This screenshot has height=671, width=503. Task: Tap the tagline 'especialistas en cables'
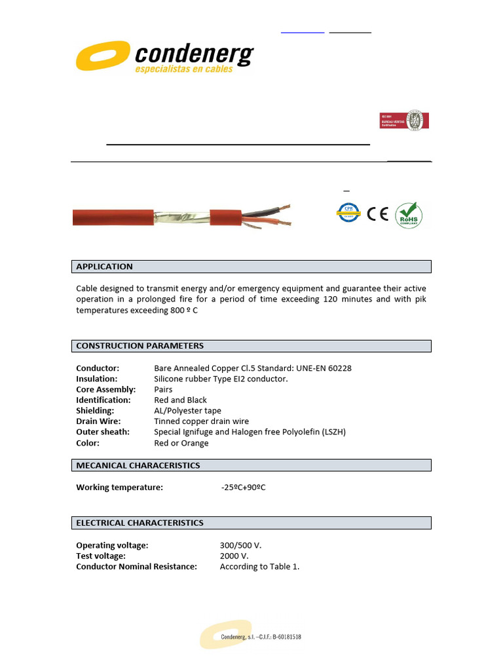tap(184, 69)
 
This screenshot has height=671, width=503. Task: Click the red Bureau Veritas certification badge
tap(404, 121)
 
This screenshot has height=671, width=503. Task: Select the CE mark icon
tap(378, 214)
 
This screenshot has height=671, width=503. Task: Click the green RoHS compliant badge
tap(409, 214)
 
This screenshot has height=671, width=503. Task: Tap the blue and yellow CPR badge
tap(349, 213)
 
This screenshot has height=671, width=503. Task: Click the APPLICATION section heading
tap(105, 267)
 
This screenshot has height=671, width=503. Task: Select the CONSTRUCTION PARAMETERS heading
tap(140, 346)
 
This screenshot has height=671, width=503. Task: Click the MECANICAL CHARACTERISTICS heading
tap(138, 465)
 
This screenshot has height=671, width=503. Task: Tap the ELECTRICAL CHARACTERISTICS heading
tap(140, 523)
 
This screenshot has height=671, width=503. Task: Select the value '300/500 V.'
tap(240, 545)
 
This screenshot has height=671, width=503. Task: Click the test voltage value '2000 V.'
tap(234, 556)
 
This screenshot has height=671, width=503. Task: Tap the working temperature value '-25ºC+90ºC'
tap(243, 488)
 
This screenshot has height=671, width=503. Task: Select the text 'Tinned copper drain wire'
tap(201, 421)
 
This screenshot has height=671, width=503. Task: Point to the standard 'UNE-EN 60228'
tap(322, 368)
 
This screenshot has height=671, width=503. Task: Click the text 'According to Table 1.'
tap(259, 567)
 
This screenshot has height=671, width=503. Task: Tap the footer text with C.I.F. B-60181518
tap(261, 637)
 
